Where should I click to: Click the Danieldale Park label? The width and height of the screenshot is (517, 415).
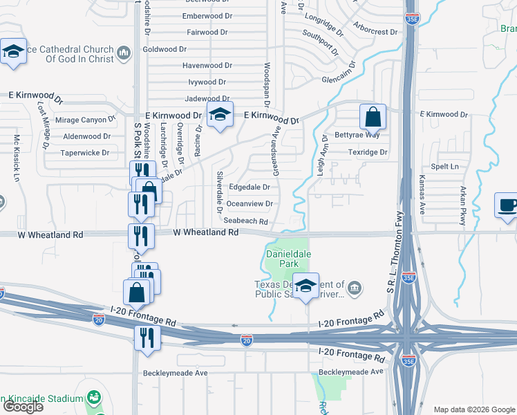[x=288, y=259]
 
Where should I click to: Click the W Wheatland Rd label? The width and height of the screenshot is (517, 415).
[x=205, y=233]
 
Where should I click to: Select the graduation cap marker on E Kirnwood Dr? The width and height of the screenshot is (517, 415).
[x=220, y=116]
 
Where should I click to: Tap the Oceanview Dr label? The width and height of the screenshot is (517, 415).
[x=250, y=204]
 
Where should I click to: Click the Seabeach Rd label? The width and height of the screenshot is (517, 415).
[x=245, y=221]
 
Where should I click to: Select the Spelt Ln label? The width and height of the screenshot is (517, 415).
[x=444, y=167]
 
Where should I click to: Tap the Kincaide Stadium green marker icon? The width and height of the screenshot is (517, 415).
[x=93, y=398]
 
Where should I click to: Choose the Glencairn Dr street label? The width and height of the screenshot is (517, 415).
[x=344, y=80]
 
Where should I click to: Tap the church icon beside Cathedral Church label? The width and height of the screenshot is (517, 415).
[x=124, y=53]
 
